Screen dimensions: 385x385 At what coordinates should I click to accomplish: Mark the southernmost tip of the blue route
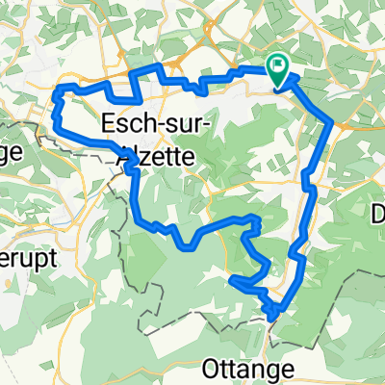point(273,319)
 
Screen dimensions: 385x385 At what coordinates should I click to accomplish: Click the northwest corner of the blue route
point(61,89)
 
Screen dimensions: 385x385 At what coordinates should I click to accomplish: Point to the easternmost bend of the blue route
point(332,122)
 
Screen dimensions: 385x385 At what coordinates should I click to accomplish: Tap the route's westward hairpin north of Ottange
point(232,279)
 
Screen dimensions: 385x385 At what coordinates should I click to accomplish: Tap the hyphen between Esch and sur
point(160,127)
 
